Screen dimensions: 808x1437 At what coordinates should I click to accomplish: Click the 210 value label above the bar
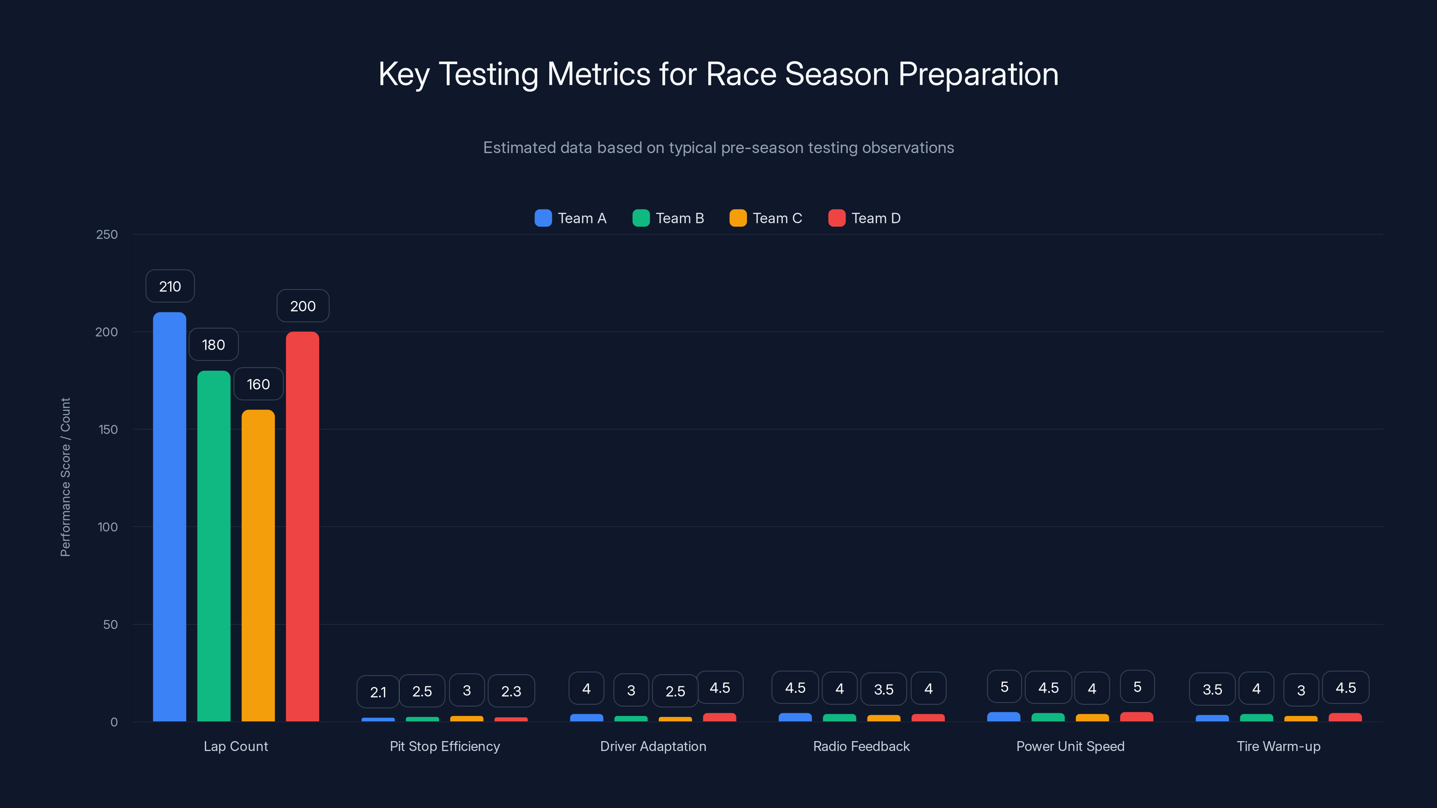170,286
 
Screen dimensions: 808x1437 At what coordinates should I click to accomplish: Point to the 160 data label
258,384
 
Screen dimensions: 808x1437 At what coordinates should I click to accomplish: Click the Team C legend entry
766,218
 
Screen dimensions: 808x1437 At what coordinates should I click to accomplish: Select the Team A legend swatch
543,218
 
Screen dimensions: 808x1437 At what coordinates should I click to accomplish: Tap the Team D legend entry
864,218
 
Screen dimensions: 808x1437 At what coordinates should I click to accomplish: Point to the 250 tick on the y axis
107,234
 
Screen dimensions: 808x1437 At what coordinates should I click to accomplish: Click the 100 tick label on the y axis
107,527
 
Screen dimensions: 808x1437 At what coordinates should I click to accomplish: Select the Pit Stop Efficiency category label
445,746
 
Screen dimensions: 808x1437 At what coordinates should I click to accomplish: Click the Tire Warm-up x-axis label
1278,746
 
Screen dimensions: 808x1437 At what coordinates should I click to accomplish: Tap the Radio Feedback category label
861,746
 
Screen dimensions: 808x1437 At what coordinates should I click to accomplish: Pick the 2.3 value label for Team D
511,691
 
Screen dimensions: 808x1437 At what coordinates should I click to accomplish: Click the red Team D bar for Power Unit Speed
1136,716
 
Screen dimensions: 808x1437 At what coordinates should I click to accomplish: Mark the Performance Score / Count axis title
65,477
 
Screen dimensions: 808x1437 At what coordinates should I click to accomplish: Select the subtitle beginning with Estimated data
718,147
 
